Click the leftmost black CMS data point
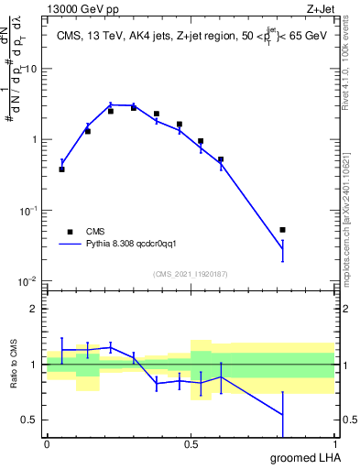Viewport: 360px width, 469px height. pos(61,169)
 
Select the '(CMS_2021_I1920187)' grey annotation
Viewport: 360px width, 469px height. pos(190,273)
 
